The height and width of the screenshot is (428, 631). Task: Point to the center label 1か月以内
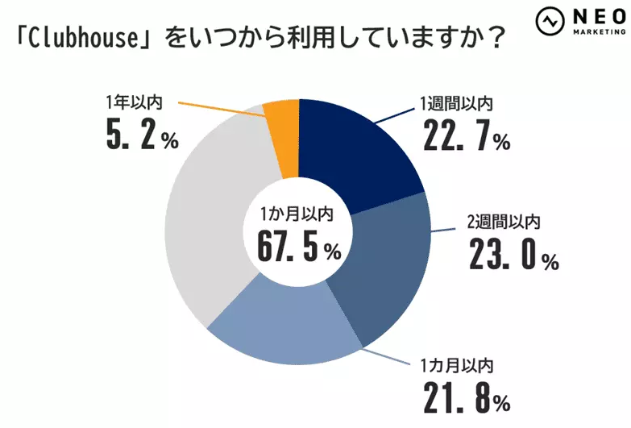point(296,214)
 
